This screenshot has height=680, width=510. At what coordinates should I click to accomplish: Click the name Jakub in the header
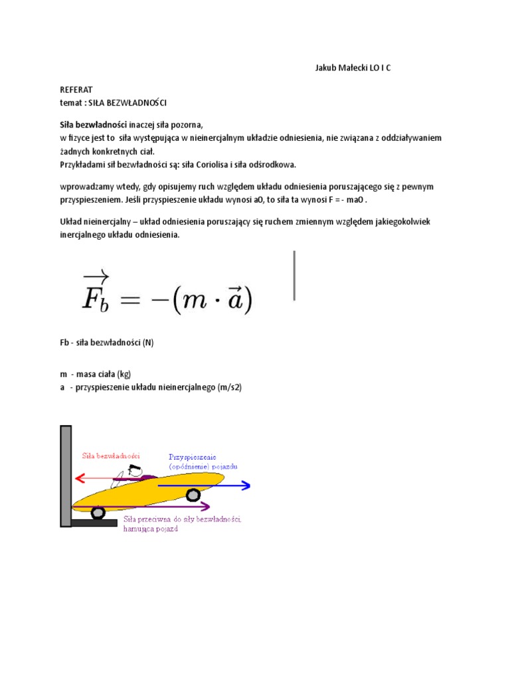326,68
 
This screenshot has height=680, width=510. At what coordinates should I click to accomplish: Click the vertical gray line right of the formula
294,275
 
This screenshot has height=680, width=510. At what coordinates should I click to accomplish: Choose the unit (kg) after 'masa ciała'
124,374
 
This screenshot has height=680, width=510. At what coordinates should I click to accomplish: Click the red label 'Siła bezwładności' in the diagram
111,456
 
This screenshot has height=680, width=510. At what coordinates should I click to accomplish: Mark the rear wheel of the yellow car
98,513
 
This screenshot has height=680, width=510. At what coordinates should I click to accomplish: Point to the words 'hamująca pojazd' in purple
151,529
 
